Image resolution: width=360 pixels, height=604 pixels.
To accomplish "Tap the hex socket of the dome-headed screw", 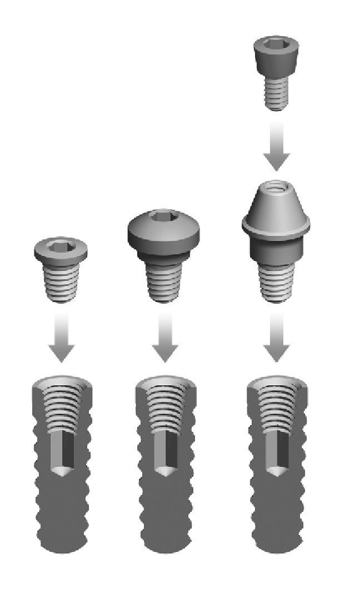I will point(164,217).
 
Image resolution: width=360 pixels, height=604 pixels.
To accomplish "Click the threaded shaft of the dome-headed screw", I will point(164,280).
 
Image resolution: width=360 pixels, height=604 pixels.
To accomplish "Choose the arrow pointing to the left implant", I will point(61,339).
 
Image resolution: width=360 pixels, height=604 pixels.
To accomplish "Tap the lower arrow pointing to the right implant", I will point(276,339).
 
